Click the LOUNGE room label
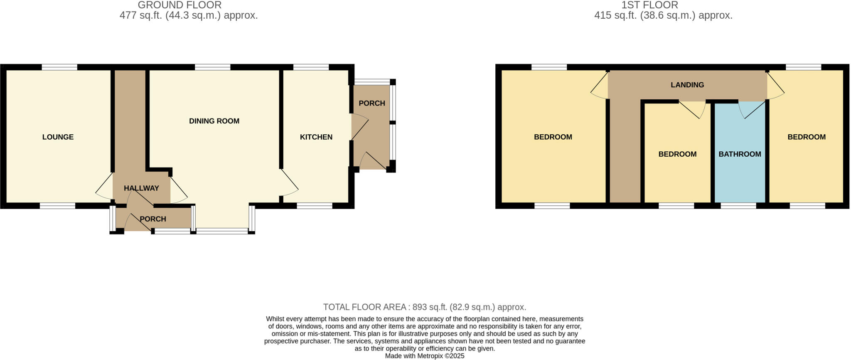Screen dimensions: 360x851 (x=58, y=137)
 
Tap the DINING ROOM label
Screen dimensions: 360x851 (x=214, y=121)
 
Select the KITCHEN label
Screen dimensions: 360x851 (x=316, y=137)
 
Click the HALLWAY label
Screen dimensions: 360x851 (x=141, y=188)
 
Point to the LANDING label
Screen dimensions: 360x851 (x=687, y=85)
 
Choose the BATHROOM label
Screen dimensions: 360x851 (x=740, y=154)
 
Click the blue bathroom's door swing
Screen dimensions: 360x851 (x=750, y=109)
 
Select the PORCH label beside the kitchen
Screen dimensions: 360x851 (x=371, y=104)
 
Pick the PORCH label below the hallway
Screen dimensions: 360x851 (x=152, y=219)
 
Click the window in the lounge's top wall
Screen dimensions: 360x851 (x=59, y=67)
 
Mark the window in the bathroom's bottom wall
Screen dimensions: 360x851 (x=738, y=205)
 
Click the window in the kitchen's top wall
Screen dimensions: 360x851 (x=311, y=67)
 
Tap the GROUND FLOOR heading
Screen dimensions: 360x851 (x=180, y=5)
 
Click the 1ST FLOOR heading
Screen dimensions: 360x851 (x=649, y=5)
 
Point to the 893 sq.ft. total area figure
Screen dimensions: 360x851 (x=426, y=307)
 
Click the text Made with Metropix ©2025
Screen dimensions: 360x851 (x=425, y=356)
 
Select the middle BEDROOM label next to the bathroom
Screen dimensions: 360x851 (x=677, y=154)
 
